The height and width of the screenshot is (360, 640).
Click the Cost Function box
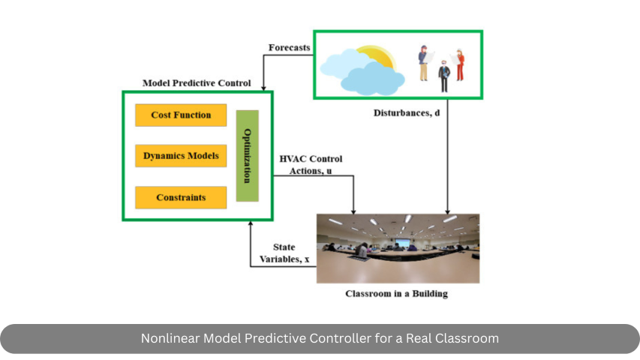click(x=181, y=115)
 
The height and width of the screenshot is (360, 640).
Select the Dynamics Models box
click(x=181, y=156)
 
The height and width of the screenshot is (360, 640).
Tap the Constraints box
click(x=181, y=197)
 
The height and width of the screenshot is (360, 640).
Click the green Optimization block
click(x=248, y=156)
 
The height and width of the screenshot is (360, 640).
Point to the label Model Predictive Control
click(x=197, y=82)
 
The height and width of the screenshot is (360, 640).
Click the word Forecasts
click(x=289, y=48)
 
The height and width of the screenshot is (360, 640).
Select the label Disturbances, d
click(x=407, y=112)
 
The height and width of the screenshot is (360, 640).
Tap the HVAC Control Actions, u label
click(x=311, y=165)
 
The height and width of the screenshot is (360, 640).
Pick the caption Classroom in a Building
click(x=396, y=293)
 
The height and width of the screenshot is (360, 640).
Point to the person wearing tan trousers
click(x=423, y=64)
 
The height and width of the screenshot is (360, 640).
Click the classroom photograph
click(x=398, y=248)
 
